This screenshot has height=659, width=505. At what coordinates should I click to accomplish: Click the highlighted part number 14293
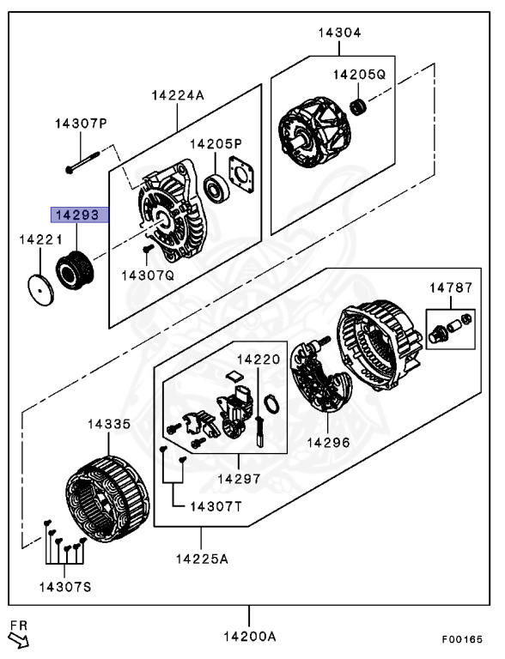click(x=77, y=215)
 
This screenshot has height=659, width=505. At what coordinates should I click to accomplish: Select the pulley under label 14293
click(x=75, y=269)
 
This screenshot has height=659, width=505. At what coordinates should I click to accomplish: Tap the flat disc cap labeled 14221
click(x=41, y=290)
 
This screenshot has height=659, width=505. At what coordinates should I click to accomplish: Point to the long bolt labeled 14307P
click(x=82, y=162)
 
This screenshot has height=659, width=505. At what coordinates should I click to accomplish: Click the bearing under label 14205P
click(x=216, y=189)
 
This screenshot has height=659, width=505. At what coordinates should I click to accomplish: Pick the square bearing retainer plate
click(x=241, y=174)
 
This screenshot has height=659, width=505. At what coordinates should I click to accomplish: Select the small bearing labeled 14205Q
click(x=358, y=107)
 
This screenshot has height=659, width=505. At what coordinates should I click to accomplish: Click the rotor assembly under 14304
click(x=314, y=132)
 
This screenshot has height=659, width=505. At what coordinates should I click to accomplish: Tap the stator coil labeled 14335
click(x=107, y=499)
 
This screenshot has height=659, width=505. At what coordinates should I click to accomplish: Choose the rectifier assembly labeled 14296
click(x=322, y=376)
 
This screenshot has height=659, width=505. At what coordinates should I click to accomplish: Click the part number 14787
click(x=451, y=288)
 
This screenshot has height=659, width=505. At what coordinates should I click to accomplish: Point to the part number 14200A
click(x=250, y=637)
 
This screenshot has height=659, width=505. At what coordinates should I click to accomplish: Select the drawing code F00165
click(x=462, y=639)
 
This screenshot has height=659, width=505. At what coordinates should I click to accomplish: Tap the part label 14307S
click(x=65, y=587)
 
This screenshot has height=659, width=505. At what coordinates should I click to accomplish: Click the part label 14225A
click(x=202, y=559)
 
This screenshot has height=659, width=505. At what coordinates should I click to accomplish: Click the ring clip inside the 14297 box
click(x=272, y=404)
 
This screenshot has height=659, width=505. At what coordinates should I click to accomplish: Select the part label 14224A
click(x=178, y=95)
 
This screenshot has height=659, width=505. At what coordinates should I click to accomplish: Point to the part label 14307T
click(x=216, y=506)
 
